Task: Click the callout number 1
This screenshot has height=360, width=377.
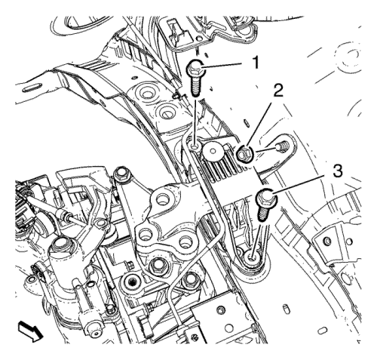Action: point(256,62)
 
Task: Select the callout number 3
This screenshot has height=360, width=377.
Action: point(336,171)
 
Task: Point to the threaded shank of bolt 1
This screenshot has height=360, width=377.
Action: point(196,86)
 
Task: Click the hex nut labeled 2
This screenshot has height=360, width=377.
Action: point(244,155)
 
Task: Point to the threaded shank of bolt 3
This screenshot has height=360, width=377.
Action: point(262,214)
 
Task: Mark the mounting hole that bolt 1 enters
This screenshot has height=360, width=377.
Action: point(195,146)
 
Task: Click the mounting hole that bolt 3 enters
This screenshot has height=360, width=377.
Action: point(252,257)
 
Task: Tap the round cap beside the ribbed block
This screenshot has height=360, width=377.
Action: point(213,151)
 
